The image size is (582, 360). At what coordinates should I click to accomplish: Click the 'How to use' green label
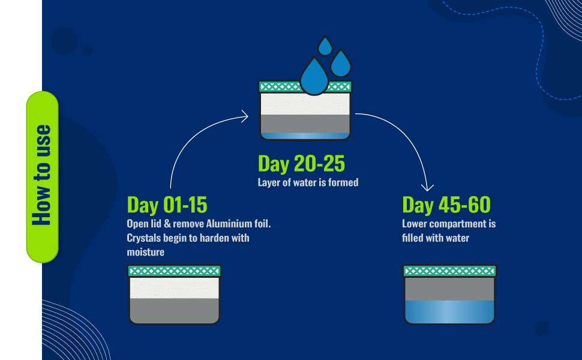42,176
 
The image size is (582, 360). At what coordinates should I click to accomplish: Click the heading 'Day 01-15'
167,205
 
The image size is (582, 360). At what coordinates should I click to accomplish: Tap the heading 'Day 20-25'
301,164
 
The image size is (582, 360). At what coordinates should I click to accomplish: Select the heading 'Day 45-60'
446,205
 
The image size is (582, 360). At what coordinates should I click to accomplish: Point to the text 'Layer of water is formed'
308,182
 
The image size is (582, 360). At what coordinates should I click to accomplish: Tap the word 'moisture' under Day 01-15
145,253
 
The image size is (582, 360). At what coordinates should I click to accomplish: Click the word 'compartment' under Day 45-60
458,224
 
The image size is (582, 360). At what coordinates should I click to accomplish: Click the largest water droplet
314,77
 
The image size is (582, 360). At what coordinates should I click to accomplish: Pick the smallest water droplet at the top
325,46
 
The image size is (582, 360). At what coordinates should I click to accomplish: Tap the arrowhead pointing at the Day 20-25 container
245,116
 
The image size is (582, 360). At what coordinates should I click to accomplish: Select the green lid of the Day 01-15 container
174,271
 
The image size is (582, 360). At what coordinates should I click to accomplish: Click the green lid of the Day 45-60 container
450,271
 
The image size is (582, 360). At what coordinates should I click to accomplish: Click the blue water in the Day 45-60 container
450,312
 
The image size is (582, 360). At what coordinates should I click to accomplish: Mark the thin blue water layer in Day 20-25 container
305,136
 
